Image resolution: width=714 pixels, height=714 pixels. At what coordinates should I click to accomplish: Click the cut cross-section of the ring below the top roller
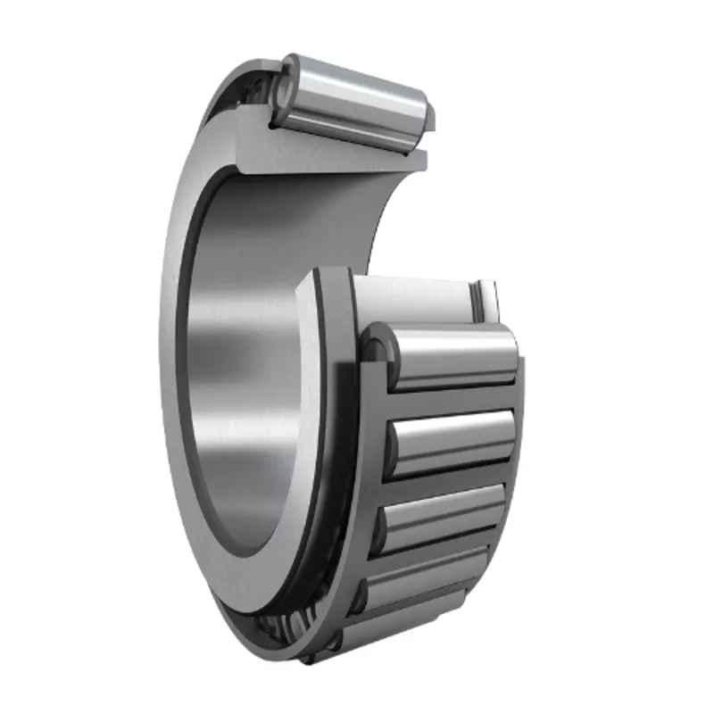pyautogui.click(x=330, y=156)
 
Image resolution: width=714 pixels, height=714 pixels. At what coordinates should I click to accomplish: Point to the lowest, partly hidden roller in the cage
pyautogui.click(x=402, y=625)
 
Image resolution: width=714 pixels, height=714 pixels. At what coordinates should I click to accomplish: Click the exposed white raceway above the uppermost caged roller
pyautogui.click(x=411, y=299)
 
